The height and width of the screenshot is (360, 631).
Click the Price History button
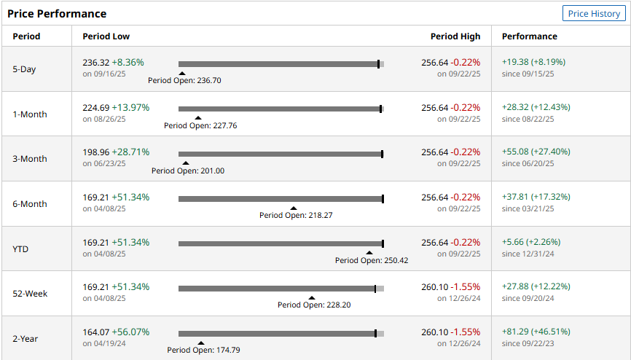[x=594, y=14]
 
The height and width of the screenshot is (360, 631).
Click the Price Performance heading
[x=57, y=14]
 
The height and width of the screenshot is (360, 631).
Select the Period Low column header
[x=106, y=36]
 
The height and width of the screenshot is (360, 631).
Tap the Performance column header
[x=529, y=36]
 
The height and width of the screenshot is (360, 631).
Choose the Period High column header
[x=455, y=36]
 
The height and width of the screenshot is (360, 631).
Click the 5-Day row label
[x=24, y=69]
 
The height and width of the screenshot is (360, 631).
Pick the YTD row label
[x=21, y=249]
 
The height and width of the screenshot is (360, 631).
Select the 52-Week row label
[x=30, y=294]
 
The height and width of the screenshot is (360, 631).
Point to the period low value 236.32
[x=95, y=63]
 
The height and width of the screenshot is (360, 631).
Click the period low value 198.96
[x=95, y=152]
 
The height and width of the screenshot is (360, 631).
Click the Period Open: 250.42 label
[x=372, y=260]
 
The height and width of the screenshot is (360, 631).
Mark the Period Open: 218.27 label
[x=296, y=215]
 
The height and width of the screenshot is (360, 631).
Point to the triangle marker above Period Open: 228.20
[x=311, y=297]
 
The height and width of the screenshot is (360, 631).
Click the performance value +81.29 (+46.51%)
[x=536, y=332]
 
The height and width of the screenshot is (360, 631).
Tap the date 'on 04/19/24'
[x=104, y=343]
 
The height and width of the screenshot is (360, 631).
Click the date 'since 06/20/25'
[x=528, y=164]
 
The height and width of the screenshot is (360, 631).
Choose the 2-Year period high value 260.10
[x=435, y=332]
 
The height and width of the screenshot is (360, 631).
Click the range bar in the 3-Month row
[x=281, y=154]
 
